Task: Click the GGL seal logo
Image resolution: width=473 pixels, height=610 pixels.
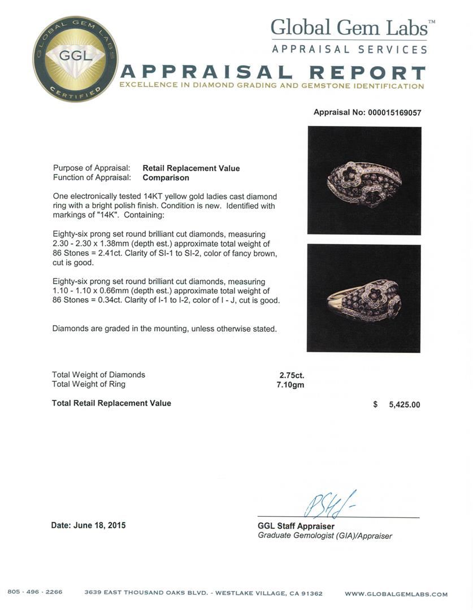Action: pyautogui.click(x=75, y=59)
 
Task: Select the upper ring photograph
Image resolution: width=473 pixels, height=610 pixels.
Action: pyautogui.click(x=364, y=180)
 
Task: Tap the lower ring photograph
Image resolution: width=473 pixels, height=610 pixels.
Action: pyautogui.click(x=364, y=298)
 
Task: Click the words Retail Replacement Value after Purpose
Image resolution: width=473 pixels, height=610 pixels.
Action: pyautogui.click(x=191, y=168)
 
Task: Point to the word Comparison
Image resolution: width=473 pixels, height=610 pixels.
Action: pyautogui.click(x=166, y=177)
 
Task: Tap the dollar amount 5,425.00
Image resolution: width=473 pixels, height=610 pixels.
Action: pyautogui.click(x=404, y=404)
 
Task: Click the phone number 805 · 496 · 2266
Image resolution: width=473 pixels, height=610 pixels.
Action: pyautogui.click(x=35, y=592)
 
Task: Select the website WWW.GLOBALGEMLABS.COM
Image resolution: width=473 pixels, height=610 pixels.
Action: pyautogui.click(x=396, y=594)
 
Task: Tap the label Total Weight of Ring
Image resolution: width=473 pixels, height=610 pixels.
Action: pyautogui.click(x=89, y=384)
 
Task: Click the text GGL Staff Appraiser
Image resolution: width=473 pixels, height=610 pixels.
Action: pyautogui.click(x=296, y=526)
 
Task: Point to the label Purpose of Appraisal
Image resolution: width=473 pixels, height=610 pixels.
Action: pyautogui.click(x=92, y=168)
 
